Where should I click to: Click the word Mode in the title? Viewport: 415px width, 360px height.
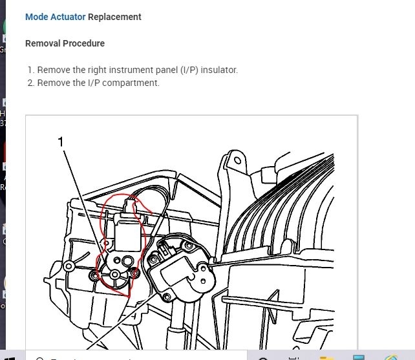(36, 17)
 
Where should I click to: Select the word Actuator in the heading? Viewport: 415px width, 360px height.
(67, 17)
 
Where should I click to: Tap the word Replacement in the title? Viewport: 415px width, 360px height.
(114, 17)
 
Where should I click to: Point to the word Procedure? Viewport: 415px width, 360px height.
(83, 43)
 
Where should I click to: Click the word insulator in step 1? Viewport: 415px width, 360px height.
(218, 70)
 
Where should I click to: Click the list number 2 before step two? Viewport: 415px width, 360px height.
(30, 83)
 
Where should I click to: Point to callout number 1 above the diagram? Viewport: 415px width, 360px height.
(61, 141)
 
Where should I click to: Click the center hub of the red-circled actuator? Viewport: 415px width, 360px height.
(115, 275)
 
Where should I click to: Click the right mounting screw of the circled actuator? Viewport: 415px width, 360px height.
(134, 274)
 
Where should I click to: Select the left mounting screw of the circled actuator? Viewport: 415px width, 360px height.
(95, 276)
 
